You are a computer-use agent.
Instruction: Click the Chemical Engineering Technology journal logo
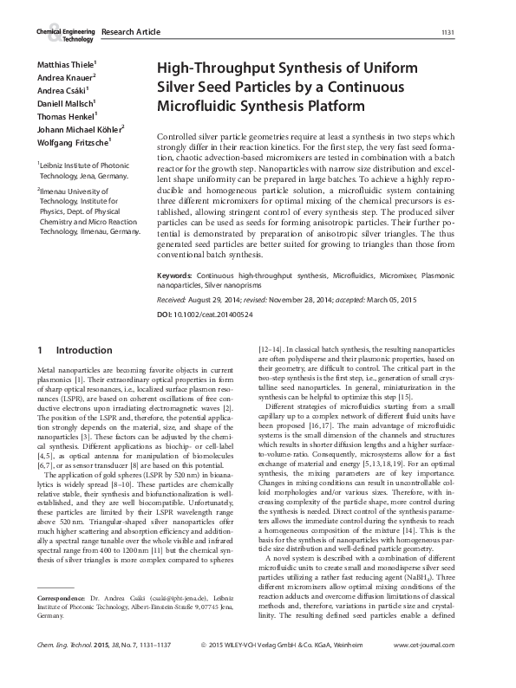64,34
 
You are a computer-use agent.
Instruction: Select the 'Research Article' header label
131,32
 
